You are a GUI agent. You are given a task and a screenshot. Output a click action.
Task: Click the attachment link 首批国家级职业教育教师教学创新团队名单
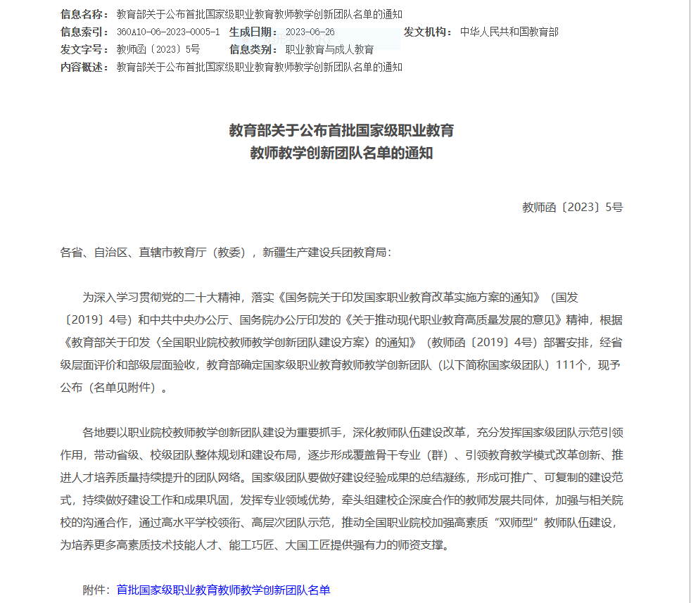coord(223,590)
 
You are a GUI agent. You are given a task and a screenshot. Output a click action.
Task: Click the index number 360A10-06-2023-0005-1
coord(168,32)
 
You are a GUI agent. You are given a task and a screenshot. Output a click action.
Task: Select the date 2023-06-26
coord(310,32)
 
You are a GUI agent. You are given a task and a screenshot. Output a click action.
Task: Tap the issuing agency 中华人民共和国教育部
coord(509,32)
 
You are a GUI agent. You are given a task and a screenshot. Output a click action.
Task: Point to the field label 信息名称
coord(84,14)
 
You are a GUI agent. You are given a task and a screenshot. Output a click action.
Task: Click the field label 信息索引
coord(84,32)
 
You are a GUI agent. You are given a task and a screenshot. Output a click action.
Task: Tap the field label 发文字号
coord(84,49)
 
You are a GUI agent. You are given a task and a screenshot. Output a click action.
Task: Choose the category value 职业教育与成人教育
coord(329,49)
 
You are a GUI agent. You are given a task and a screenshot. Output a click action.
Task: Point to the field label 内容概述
coord(84,67)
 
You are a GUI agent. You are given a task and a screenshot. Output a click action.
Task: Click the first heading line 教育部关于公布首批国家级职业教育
coord(341,130)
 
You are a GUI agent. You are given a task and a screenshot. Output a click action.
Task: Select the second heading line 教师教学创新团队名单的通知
coord(341,153)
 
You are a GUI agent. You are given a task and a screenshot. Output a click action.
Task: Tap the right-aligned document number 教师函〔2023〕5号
coord(572,207)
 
